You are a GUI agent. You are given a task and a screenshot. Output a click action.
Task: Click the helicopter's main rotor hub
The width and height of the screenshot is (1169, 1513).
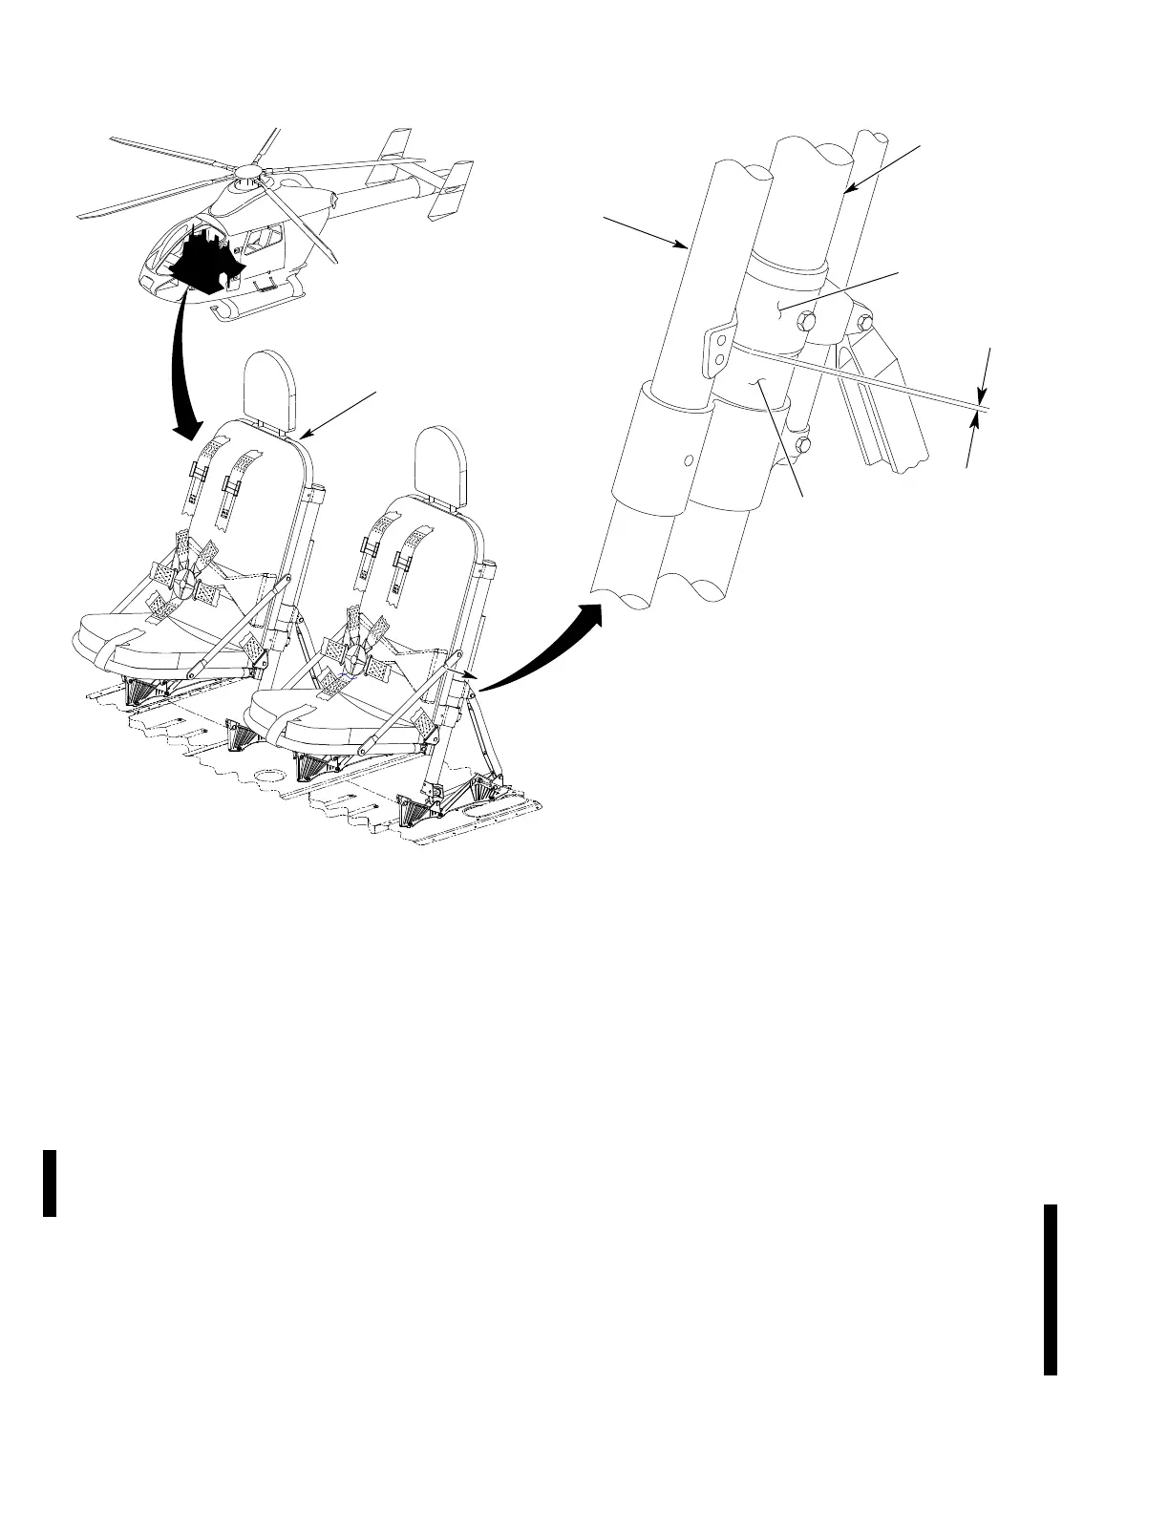click(x=250, y=175)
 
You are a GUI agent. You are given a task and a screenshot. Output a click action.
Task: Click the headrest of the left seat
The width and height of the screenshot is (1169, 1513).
click(x=273, y=387)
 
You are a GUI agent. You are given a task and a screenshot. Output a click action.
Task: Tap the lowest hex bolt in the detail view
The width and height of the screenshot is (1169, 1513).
click(x=804, y=445)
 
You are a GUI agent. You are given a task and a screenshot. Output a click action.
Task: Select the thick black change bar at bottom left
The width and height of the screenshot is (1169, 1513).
click(x=51, y=1183)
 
